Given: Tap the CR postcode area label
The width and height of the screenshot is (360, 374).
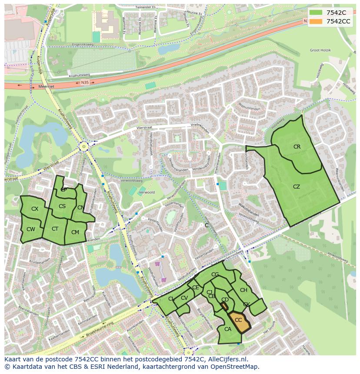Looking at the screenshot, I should pos(297,147).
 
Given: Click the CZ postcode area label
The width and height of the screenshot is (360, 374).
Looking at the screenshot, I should pos(297,187).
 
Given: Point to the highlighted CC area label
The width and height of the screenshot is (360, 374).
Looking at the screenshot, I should pos(238,320).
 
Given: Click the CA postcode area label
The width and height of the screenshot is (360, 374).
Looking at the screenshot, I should pos(228,329).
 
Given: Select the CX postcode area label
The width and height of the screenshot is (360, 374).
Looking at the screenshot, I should pos(35,209).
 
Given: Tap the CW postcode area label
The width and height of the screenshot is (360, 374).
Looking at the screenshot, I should pos(30,229).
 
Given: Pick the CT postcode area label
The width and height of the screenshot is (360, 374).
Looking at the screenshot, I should pos(55,229).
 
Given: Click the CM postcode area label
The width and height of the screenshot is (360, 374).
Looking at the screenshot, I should pos(75,232).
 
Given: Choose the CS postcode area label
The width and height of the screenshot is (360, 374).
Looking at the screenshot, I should pos(62,206).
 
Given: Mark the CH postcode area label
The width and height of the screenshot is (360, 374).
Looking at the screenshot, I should pos(243,290).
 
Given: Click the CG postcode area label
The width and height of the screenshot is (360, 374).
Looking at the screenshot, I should pos(215,275).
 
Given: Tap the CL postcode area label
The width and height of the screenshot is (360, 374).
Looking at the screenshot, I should pos(171,299).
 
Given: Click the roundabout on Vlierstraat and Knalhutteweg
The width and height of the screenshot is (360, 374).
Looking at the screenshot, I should pos(83,147).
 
